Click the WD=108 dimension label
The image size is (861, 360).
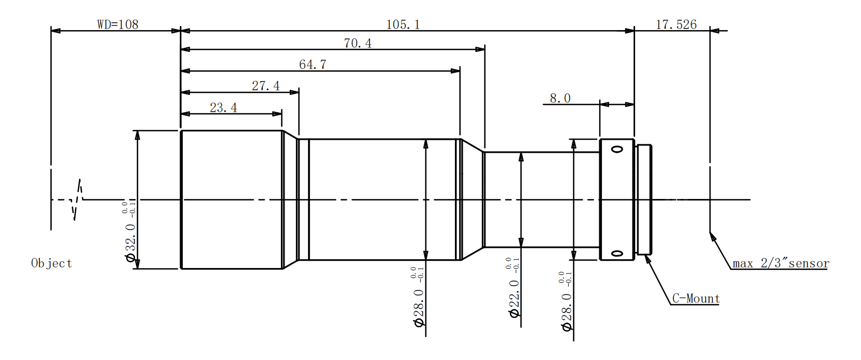tap(117, 24)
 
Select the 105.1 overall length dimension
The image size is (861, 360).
tap(402, 24)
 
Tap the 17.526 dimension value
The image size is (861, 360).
tap(676, 24)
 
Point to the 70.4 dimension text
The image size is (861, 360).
tap(357, 43)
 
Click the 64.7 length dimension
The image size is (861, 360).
tap(313, 64)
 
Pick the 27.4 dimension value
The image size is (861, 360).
tap(265, 86)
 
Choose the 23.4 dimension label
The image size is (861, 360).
tap(223, 108)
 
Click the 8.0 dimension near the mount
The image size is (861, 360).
tap(560, 98)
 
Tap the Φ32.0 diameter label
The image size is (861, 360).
tap(130, 242)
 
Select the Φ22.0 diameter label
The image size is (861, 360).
tap(514, 299)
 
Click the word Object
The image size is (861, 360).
tap(51, 263)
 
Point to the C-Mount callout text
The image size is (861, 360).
tap(696, 299)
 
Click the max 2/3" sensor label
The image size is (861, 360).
tap(781, 263)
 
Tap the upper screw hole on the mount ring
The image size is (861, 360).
tap(617, 150)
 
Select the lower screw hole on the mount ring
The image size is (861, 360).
tap(617, 254)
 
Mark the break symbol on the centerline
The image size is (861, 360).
tap(78, 199)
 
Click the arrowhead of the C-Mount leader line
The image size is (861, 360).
tap(647, 258)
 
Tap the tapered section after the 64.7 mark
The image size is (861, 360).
tap(472, 199)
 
